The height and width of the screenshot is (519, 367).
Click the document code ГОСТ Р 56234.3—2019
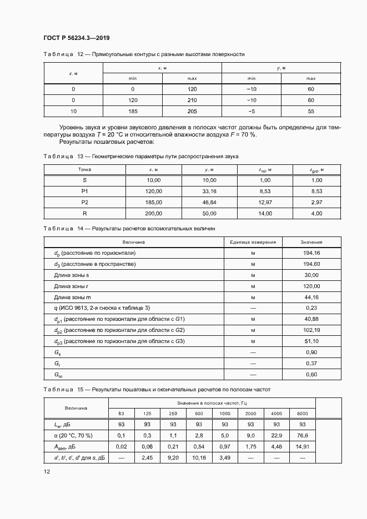(x=76, y=38)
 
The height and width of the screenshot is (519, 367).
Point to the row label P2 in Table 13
(x=84, y=202)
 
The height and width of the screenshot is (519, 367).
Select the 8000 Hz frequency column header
(x=302, y=414)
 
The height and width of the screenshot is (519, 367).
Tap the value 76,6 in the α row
(x=302, y=435)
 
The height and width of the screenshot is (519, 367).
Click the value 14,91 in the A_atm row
(x=302, y=446)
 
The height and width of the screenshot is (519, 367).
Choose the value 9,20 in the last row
(x=172, y=457)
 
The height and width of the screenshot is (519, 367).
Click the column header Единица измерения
(x=253, y=242)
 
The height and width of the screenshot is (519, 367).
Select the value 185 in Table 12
(x=132, y=111)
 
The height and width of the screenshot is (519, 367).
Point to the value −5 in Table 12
(x=252, y=111)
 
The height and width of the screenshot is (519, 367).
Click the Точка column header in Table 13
(x=84, y=169)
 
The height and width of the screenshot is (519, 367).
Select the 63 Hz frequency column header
(x=122, y=414)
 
